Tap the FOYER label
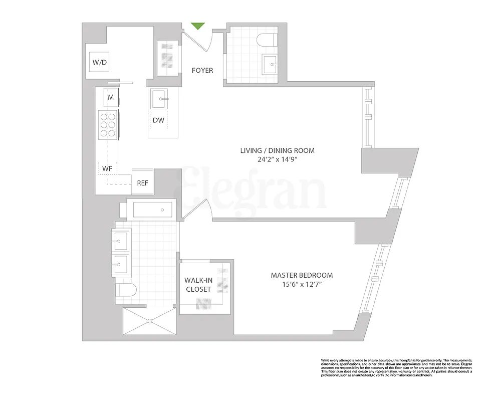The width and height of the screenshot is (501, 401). [x=202, y=71]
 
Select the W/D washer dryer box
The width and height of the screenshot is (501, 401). [x=100, y=63]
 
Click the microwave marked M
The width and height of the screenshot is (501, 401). [x=110, y=97]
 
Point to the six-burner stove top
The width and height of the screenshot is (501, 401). [x=108, y=123]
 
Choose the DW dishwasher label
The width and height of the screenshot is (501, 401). [x=158, y=121]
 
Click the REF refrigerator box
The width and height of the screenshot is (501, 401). [x=143, y=183]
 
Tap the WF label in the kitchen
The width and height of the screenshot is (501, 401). [x=107, y=169]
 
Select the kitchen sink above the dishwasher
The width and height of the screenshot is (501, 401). [x=160, y=99]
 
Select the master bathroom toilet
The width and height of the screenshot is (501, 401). [x=126, y=290]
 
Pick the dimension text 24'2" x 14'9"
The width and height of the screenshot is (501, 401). [x=277, y=160]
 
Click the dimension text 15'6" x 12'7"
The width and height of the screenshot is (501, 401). [x=302, y=285]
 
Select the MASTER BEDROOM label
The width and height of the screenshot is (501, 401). [x=302, y=275]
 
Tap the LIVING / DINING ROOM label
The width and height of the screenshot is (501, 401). [x=277, y=151]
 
